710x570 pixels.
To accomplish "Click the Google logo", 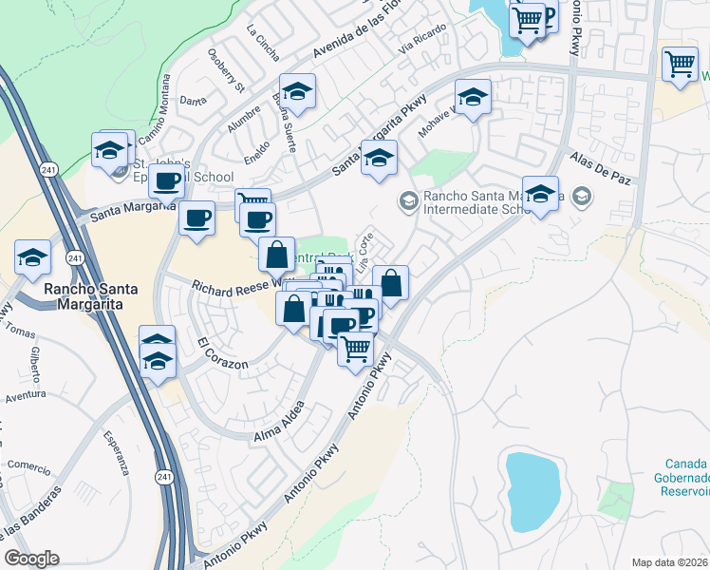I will click(31, 559).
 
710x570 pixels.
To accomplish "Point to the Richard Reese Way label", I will click(237, 285).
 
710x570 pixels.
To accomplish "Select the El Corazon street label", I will click(223, 352).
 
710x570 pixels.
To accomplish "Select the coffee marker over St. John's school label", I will click(167, 181).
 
